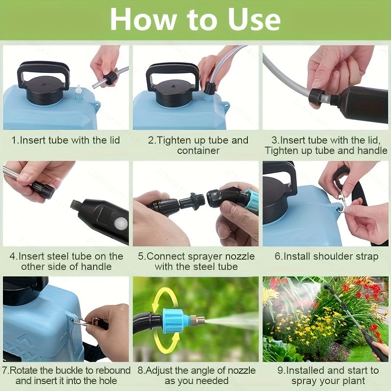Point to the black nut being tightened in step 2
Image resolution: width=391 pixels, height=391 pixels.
[210, 88]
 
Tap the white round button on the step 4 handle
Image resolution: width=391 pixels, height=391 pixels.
[121, 223]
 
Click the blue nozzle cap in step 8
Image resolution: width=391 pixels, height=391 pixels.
[174, 320]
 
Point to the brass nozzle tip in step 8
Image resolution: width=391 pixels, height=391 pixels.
[197, 320]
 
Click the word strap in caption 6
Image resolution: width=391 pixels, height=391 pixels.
[365, 257]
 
